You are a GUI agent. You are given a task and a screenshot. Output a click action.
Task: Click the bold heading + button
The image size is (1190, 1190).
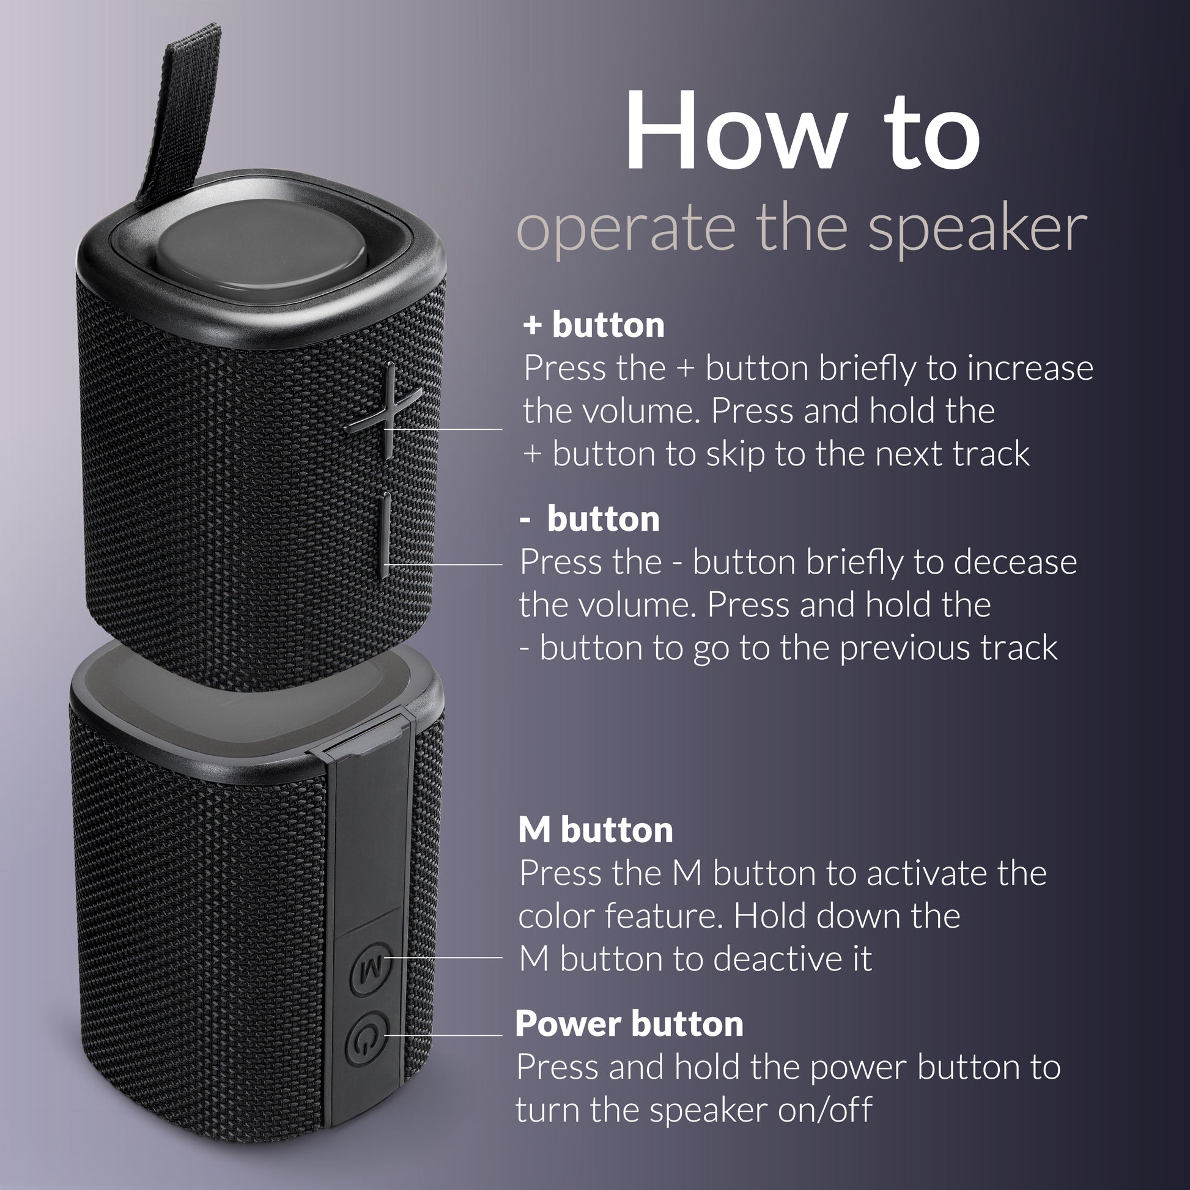point(594,325)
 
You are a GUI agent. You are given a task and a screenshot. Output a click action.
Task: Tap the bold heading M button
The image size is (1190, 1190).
point(595,830)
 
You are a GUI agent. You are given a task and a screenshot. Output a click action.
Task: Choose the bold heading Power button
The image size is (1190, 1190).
point(629,1024)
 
